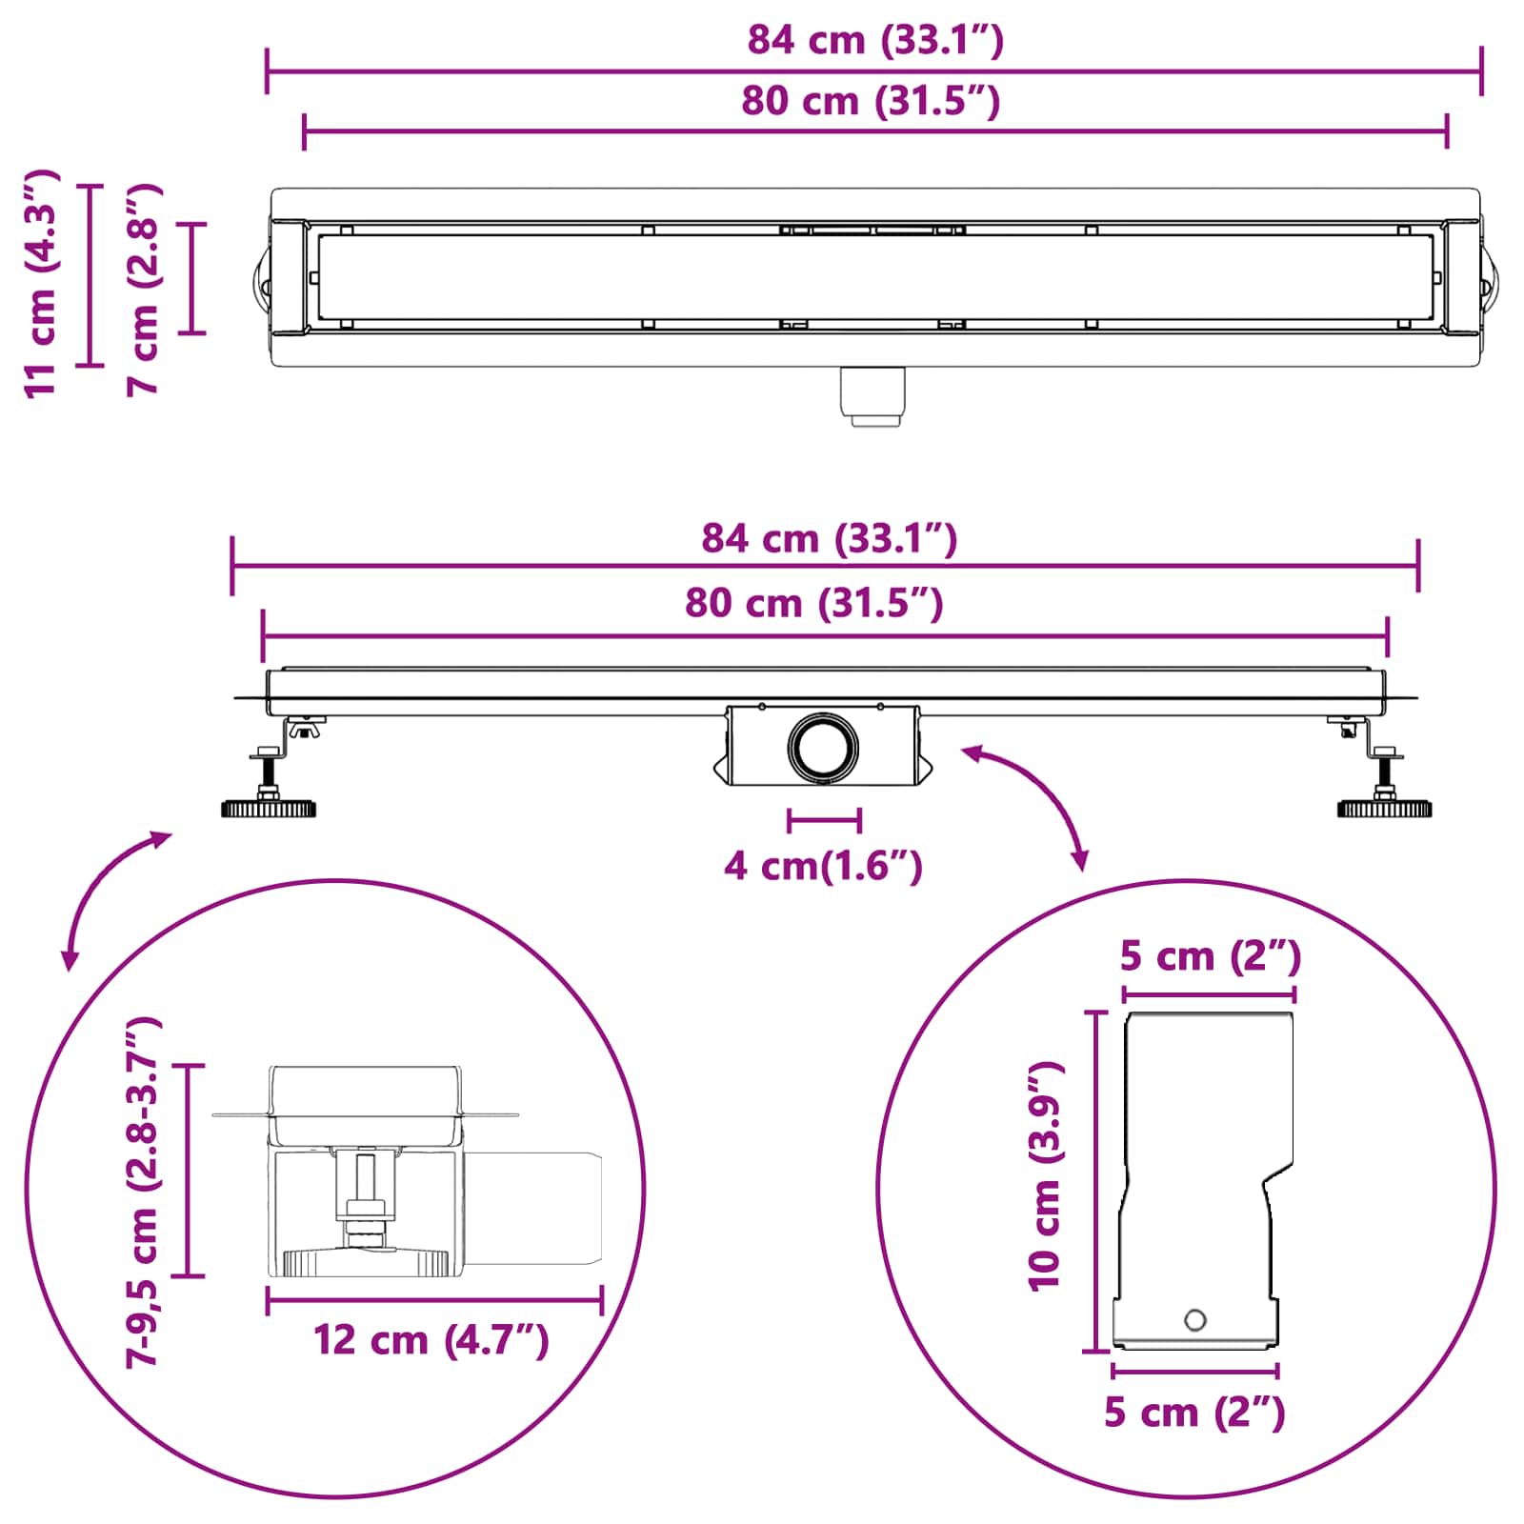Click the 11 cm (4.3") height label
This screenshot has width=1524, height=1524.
pos(42,284)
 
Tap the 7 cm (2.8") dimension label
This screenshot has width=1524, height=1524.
pos(144,290)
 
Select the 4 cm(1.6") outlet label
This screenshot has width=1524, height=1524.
pos(823,866)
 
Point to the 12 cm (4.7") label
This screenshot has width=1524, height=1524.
pos(431,1339)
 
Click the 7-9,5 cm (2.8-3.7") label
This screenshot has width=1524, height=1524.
pos(144,1192)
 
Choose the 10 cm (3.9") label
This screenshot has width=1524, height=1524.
pos(1046,1176)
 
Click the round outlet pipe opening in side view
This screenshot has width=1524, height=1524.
pos(823,748)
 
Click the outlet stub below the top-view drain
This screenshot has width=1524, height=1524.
pos(872,396)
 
